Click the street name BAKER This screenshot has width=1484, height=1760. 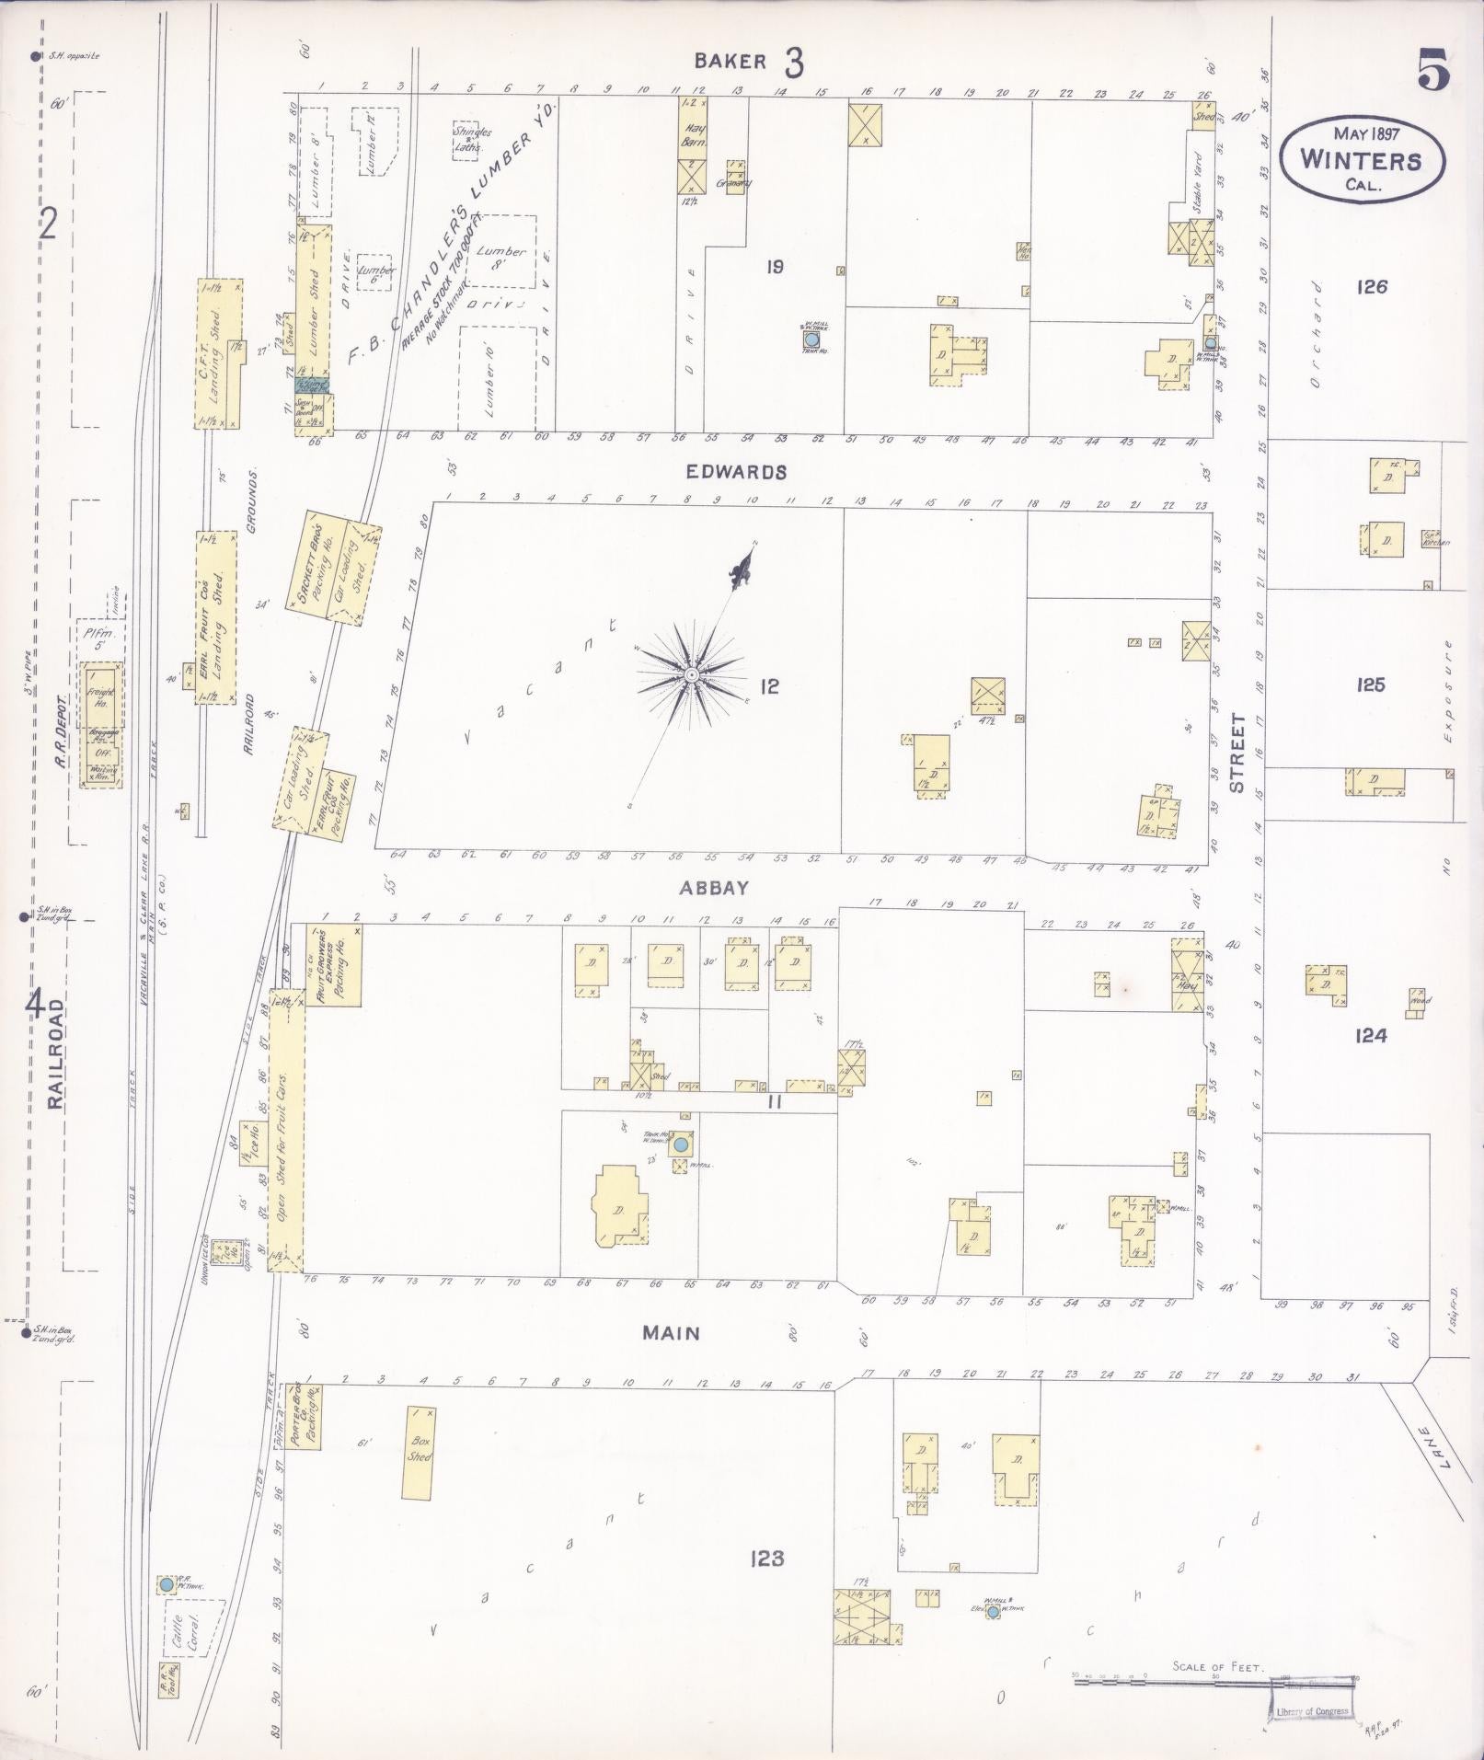click(730, 62)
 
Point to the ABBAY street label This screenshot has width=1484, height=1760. click(714, 889)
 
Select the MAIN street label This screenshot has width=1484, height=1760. click(671, 1333)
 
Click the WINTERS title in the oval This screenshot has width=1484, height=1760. click(1360, 161)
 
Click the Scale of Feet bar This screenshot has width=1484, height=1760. click(1214, 1680)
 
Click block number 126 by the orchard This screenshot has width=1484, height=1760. click(1371, 287)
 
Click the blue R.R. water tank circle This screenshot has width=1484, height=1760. click(166, 1584)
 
